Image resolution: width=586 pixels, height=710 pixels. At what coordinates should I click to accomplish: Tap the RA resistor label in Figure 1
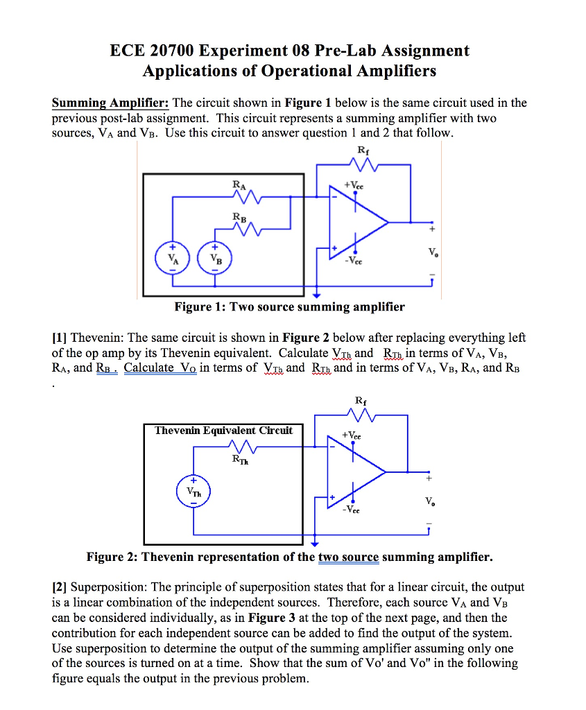[x=239, y=185]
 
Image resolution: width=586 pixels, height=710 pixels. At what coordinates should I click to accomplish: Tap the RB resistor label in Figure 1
[x=239, y=217]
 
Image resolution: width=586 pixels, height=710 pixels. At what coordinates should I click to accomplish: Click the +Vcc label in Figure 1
[x=353, y=186]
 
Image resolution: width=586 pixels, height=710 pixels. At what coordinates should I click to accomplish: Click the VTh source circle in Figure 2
[x=193, y=490]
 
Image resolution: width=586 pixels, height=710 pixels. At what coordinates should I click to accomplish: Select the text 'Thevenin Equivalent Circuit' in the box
[x=223, y=431]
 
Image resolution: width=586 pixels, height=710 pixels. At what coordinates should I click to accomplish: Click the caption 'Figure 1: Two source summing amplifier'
[x=289, y=306]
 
